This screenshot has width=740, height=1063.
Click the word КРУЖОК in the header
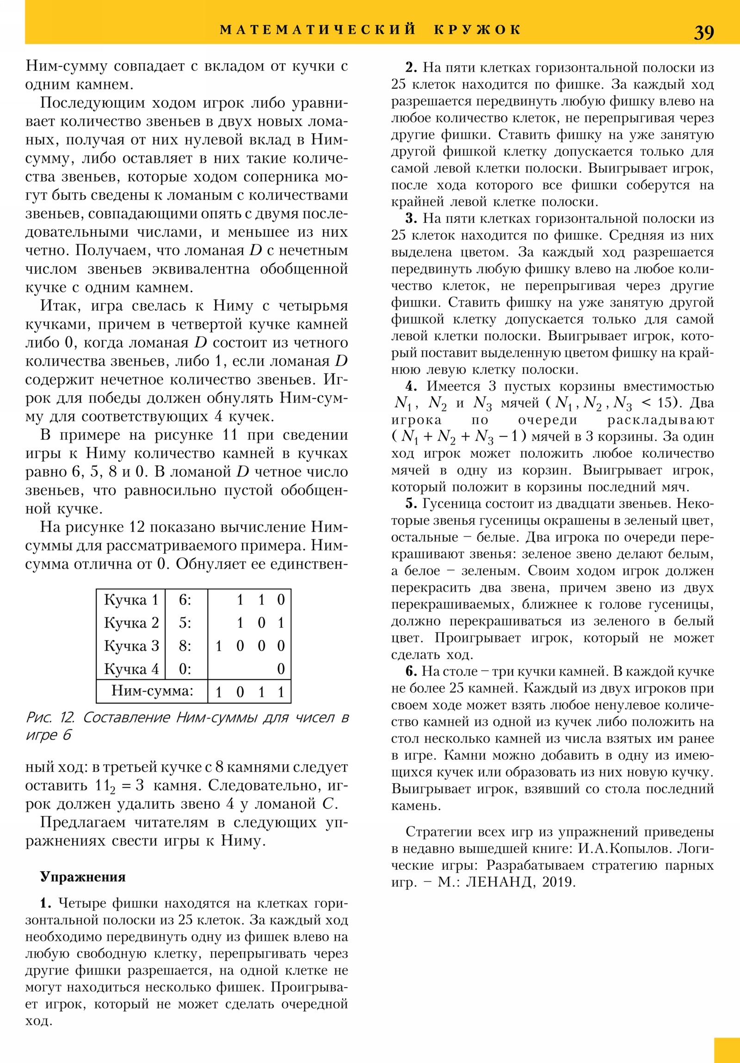[x=478, y=30]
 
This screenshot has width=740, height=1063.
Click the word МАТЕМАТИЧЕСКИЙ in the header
[x=318, y=30]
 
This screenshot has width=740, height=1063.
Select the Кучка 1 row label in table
[x=131, y=600]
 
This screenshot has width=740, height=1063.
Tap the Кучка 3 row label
[x=131, y=646]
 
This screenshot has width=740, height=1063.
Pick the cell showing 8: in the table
[x=185, y=646]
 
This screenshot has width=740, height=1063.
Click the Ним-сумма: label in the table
[x=152, y=691]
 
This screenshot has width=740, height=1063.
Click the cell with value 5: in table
[x=185, y=623]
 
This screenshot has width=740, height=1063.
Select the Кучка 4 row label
[x=131, y=669]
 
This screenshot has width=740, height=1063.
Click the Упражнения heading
[x=82, y=876]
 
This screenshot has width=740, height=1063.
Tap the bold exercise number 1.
[x=45, y=903]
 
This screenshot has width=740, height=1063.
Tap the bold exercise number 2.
[x=411, y=67]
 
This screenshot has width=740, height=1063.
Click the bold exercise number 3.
[x=411, y=219]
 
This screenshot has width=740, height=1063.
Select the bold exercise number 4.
[x=411, y=386]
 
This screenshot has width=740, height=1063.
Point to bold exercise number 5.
[x=411, y=504]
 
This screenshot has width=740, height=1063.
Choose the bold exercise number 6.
[x=411, y=672]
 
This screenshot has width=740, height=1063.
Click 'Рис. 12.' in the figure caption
[x=50, y=718]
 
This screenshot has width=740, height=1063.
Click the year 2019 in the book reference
[x=557, y=882]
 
